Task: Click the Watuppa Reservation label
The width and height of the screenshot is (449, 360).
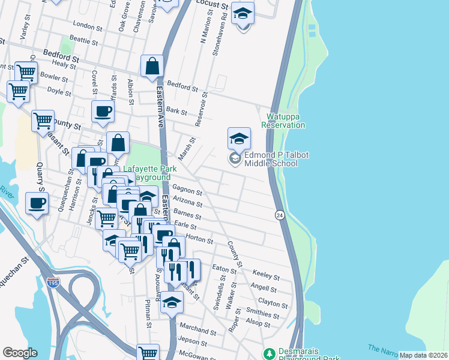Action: point(283,121)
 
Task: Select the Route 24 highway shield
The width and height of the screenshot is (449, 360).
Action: point(280,215)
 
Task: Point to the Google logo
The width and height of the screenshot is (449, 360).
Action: point(19,353)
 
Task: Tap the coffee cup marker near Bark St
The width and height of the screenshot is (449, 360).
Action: point(103,112)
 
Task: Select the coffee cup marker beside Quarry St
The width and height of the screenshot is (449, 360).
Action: point(37,204)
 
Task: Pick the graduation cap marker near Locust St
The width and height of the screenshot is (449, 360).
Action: point(243,13)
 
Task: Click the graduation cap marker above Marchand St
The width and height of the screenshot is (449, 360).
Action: point(172,303)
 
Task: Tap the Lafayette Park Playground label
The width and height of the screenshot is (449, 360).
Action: point(147,174)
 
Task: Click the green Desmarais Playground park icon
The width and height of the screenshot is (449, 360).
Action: point(268,353)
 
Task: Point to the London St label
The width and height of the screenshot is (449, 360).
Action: point(84,25)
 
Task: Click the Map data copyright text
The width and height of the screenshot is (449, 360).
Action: point(423,355)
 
